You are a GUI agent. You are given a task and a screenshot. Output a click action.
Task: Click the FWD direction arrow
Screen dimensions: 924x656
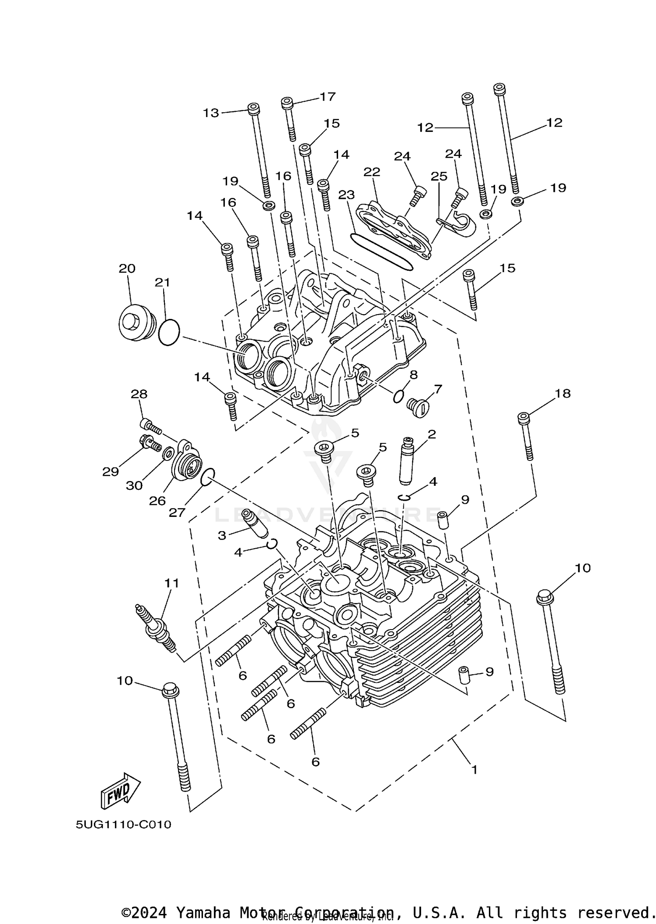click(120, 791)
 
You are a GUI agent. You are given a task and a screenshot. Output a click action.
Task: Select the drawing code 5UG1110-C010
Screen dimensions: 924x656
click(123, 825)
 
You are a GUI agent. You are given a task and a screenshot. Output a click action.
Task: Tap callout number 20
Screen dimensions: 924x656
click(127, 268)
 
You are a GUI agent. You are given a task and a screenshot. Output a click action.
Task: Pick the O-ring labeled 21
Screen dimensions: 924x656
click(169, 332)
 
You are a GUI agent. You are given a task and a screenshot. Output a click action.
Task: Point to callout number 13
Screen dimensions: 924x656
click(211, 113)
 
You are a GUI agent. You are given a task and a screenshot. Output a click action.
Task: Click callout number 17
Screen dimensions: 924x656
click(327, 97)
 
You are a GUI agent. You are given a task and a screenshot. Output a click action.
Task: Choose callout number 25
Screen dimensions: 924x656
click(439, 176)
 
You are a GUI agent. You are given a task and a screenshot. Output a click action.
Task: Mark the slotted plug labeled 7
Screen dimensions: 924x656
click(418, 407)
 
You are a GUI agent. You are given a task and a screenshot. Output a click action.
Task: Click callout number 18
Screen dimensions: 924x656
click(562, 393)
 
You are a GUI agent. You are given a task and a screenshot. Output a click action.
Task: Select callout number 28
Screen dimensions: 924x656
click(139, 394)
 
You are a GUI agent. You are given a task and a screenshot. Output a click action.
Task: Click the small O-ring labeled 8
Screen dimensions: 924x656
click(398, 396)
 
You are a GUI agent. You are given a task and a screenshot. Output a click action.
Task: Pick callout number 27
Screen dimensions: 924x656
click(177, 512)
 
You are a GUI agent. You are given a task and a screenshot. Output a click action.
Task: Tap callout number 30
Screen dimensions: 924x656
click(134, 485)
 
